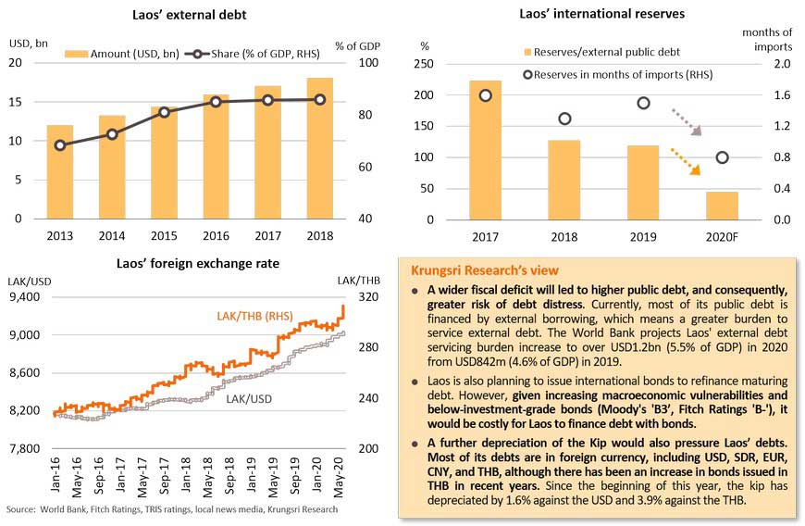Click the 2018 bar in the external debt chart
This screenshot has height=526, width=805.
click(320, 148)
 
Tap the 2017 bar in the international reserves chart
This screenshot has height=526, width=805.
click(486, 150)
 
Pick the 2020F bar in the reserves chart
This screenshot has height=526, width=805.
click(722, 206)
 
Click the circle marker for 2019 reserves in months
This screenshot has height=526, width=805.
click(643, 103)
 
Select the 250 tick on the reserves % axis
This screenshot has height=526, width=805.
click(425, 64)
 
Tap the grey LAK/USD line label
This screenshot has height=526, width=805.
click(250, 399)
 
